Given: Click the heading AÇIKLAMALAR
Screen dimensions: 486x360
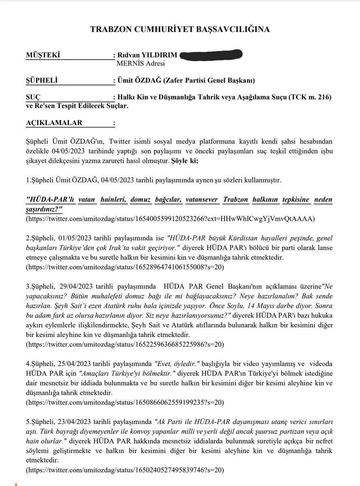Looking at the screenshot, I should click(x=54, y=123).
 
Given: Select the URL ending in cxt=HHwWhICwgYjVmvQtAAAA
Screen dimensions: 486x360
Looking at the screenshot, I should click(x=170, y=219).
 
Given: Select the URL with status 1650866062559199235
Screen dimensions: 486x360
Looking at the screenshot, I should click(x=125, y=403).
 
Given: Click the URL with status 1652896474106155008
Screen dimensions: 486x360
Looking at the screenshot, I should click(x=125, y=267).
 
